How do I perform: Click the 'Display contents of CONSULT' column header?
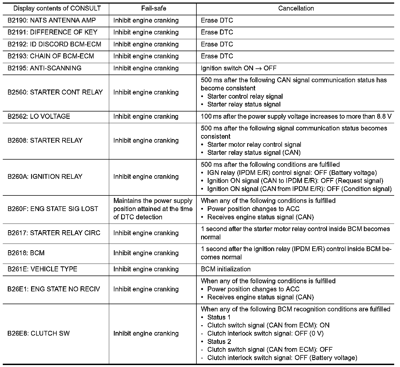57,8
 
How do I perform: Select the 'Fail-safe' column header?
154,8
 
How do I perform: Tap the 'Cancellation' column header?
296,8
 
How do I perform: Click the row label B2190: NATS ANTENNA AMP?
52,20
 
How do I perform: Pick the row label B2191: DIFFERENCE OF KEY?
52,32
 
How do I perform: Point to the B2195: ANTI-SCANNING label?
44,68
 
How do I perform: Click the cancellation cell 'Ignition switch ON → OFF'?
238,68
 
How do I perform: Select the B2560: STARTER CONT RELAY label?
55,92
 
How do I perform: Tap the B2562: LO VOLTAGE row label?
39,116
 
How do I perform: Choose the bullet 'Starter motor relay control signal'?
254,145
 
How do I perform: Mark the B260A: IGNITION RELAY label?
45,177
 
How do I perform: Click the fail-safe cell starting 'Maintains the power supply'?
153,209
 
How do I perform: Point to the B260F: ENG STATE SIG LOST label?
53,209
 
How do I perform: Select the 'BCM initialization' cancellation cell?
226,269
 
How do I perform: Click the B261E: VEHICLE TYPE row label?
42,269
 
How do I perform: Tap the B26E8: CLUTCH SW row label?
38,333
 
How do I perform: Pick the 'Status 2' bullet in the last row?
219,341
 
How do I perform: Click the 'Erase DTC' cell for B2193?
217,56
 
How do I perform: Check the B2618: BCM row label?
26,253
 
